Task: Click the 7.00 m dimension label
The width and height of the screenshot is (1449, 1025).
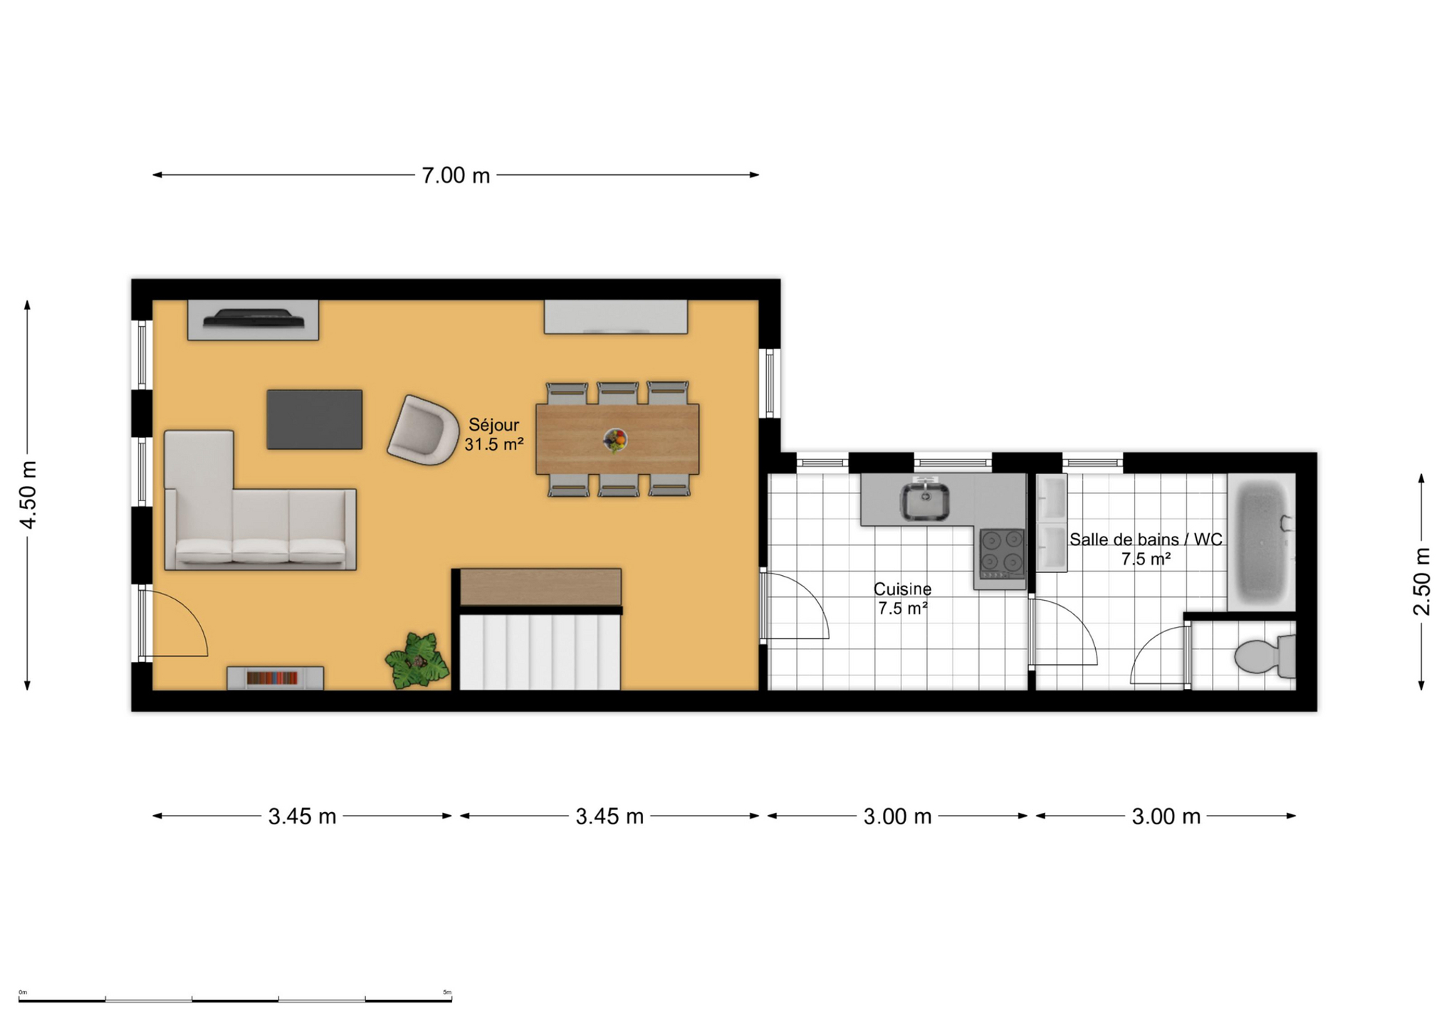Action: (x=456, y=175)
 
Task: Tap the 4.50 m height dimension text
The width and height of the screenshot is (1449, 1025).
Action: (x=28, y=495)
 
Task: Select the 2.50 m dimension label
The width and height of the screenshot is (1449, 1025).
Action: (x=1421, y=581)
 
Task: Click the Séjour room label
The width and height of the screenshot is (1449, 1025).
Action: (x=493, y=425)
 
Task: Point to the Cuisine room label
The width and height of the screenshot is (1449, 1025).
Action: (x=902, y=589)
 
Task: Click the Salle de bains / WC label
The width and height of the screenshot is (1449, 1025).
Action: (x=1146, y=540)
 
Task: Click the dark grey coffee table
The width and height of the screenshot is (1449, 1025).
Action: (x=315, y=419)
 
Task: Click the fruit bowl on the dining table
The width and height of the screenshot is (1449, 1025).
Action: (x=615, y=440)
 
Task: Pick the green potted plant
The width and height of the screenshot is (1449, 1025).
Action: (x=417, y=661)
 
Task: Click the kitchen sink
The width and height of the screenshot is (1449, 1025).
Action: (x=924, y=500)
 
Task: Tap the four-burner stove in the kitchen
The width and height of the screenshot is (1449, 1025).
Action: (x=1002, y=553)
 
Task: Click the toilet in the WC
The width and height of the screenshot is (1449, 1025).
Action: (x=1265, y=656)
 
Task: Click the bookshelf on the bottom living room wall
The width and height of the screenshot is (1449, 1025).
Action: (x=275, y=678)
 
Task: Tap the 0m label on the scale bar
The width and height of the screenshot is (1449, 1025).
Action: (x=23, y=992)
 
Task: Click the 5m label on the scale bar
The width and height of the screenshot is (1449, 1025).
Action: (x=447, y=992)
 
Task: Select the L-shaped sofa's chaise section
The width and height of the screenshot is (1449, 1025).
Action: (x=199, y=498)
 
